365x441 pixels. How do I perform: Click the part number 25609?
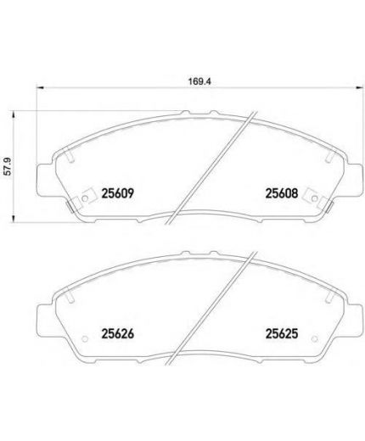117,193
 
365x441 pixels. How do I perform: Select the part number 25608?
282,193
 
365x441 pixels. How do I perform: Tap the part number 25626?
117,334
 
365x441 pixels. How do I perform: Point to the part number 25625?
282,334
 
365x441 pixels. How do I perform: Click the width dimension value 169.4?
199,81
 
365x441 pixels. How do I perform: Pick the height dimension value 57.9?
8,167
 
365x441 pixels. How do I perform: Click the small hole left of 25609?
85,198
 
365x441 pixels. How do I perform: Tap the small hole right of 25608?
314,198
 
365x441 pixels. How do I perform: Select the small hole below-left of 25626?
85,338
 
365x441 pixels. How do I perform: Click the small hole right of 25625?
314,338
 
